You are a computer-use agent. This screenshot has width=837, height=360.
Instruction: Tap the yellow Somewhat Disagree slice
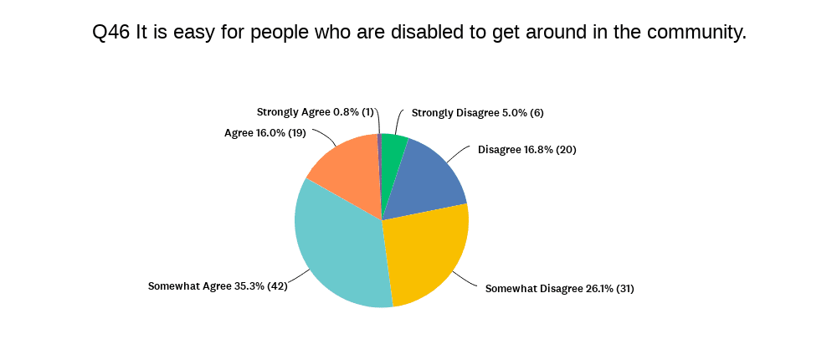point(427,255)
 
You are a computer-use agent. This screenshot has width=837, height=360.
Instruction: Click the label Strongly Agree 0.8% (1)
point(316,112)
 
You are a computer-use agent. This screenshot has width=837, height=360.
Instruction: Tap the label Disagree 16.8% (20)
point(527,150)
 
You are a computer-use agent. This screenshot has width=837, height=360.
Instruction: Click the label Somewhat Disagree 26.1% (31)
point(560,289)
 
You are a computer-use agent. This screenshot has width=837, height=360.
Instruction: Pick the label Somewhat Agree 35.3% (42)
point(218,285)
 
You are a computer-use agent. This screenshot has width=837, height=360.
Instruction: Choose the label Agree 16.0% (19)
point(264,132)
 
